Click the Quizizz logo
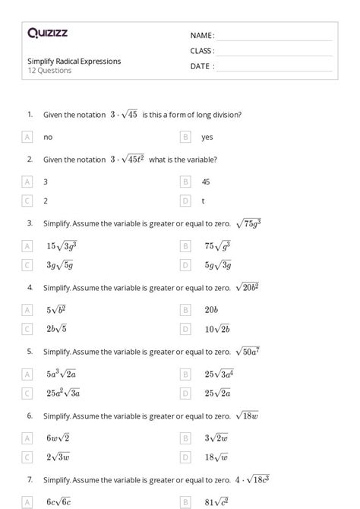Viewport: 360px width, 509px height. [47, 33]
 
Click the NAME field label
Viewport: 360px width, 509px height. [202, 36]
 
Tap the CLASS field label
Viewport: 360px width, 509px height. [202, 51]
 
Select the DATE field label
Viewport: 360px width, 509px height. [202, 66]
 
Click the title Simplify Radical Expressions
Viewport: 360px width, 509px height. [74, 62]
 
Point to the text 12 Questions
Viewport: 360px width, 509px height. [49, 71]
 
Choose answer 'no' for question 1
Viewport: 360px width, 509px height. [48, 138]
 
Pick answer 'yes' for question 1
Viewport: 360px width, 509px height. [207, 138]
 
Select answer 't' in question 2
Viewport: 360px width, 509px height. [203, 201]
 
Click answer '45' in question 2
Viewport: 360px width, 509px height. [206, 182]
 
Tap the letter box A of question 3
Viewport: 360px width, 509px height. [27, 246]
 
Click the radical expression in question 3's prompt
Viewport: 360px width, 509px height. [248, 224]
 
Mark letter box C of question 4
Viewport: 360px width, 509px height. [27, 329]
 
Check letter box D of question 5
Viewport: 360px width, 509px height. [185, 393]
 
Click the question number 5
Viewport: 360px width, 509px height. [30, 352]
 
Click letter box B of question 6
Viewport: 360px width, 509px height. [185, 438]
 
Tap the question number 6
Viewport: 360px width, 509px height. [30, 416]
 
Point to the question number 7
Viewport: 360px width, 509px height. [30, 480]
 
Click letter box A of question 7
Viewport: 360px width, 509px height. [27, 502]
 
